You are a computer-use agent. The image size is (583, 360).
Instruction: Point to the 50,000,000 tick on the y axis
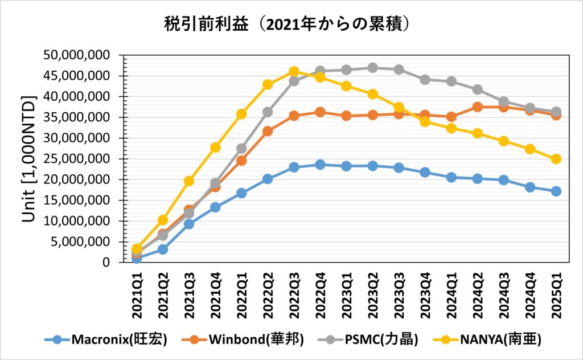79,55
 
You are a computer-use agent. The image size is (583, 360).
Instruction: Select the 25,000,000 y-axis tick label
79,159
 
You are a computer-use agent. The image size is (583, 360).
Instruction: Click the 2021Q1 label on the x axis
137,291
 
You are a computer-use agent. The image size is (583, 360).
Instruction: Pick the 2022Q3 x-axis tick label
294,291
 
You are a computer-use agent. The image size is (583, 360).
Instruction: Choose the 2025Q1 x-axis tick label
556,291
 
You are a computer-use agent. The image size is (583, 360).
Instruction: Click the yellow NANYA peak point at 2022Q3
294,72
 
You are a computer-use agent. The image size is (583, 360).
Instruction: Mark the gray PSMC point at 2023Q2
372,68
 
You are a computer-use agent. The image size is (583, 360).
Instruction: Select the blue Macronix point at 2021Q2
163,249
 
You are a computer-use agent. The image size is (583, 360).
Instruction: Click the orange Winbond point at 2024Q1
451,117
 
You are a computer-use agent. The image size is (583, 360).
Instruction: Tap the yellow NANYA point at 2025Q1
556,159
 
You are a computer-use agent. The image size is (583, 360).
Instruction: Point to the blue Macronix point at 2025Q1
556,191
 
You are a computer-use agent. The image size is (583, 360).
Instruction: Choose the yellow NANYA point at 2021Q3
189,181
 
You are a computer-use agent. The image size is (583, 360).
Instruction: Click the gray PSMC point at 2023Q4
425,80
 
